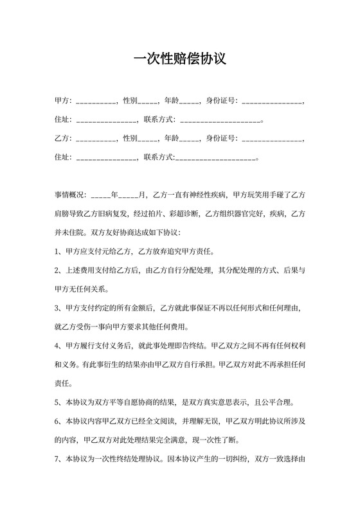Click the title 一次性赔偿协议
179,59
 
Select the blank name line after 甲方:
96,102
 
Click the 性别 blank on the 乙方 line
148,139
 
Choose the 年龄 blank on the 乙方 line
190,139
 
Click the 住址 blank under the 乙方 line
106,157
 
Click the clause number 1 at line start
57,251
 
